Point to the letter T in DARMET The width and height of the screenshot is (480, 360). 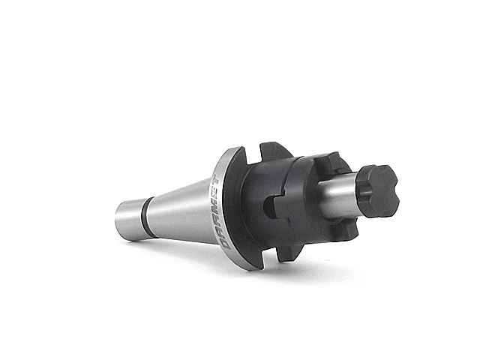[x=215, y=179]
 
